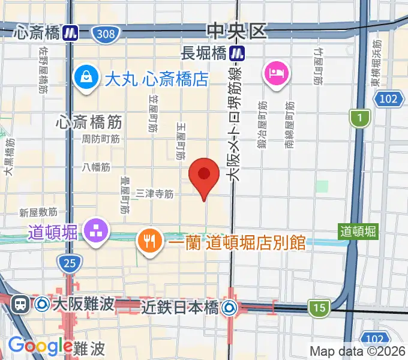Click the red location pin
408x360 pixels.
click(x=203, y=175)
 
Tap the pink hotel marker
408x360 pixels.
click(x=276, y=74)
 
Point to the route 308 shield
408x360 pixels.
click(x=106, y=34)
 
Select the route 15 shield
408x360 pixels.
click(x=319, y=308)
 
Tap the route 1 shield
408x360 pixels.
click(x=359, y=119)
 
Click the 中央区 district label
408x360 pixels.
click(x=236, y=30)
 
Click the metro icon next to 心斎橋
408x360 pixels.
click(x=71, y=32)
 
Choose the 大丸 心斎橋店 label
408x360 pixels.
click(x=157, y=78)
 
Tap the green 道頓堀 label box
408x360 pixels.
click(x=358, y=231)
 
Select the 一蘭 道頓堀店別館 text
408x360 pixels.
click(x=237, y=243)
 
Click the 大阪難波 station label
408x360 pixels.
click(x=83, y=304)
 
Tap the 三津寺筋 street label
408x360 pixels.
click(x=155, y=194)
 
